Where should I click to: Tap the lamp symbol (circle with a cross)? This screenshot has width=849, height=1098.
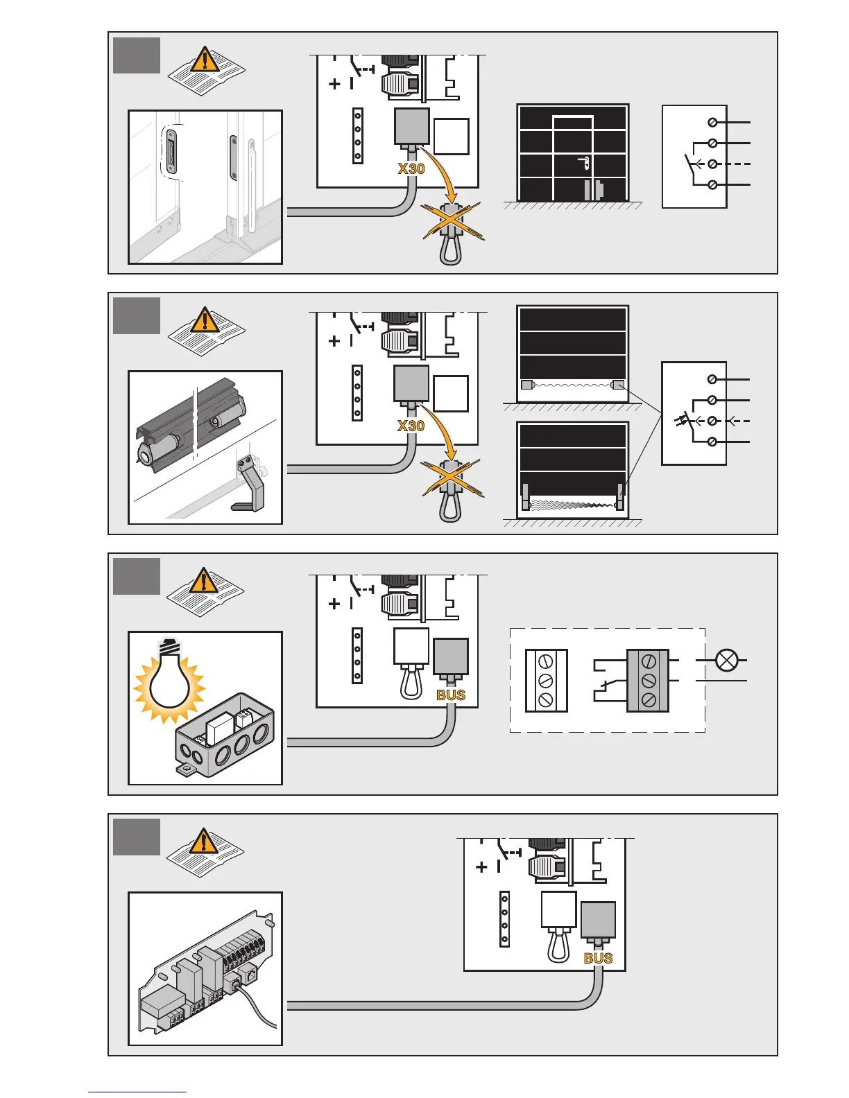pos(726,661)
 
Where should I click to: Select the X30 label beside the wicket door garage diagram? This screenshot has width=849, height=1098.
pos(411,168)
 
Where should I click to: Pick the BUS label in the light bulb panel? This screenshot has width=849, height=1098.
pos(451,695)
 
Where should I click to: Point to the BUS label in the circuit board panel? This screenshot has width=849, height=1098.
pos(598,958)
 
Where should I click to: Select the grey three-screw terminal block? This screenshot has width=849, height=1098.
pos(648,680)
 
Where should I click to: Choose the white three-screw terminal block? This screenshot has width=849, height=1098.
pos(546,680)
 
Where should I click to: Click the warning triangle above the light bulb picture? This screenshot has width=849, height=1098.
pos(203,581)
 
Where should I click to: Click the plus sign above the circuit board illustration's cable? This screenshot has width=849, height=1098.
pos(481,866)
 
